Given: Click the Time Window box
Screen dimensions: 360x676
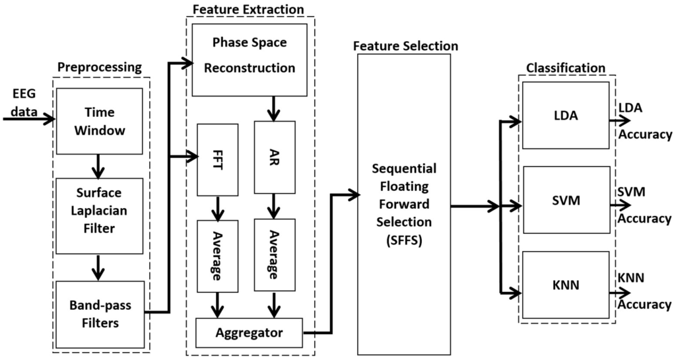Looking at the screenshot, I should point(99,122).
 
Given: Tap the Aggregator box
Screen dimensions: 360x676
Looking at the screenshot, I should point(249,332).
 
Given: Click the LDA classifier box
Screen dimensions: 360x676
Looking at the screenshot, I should point(566,116).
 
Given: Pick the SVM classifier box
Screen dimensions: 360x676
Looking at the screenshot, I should point(566,200).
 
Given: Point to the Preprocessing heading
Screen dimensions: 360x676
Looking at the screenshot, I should point(100,67).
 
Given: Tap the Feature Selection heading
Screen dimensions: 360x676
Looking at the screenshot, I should point(405,46).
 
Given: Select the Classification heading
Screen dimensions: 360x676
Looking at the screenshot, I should point(566,67).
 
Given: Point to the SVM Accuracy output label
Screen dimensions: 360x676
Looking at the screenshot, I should point(644,205).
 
